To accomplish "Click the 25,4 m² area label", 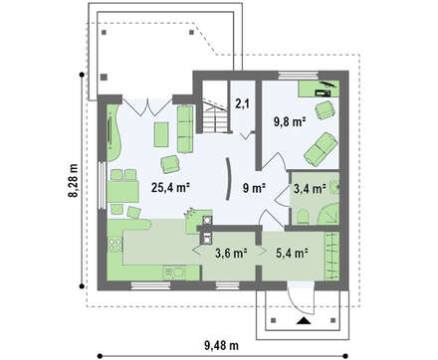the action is (170, 188).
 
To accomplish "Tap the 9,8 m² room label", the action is (290, 122).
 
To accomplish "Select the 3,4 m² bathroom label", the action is (310, 189).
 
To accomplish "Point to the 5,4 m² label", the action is (291, 254).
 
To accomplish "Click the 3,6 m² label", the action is (231, 254).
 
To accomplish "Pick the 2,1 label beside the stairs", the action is (243, 104).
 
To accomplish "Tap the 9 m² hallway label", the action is (254, 188).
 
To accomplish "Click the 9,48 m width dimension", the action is (221, 346).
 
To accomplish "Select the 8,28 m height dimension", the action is (74, 180).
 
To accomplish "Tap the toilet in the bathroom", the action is (303, 217).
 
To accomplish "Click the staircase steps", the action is (215, 119).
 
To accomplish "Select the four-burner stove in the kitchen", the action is (114, 245).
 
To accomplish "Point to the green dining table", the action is (122, 192).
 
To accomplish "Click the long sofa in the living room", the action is (185, 129).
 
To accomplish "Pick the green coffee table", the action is (161, 134).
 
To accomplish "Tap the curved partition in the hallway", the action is (228, 179).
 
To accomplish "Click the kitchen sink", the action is (175, 273).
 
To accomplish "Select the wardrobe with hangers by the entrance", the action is (332, 257).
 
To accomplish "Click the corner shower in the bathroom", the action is (329, 215).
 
